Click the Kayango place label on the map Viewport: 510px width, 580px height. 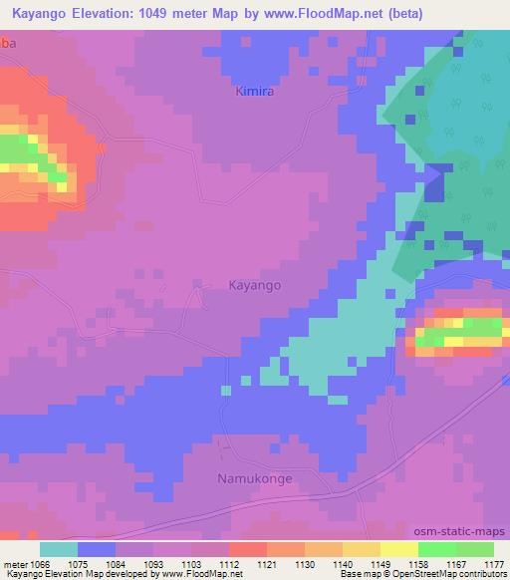point(254,285)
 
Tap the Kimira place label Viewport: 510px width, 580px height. point(256,92)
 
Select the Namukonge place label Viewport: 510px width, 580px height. point(255,479)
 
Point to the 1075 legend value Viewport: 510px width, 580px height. point(78,563)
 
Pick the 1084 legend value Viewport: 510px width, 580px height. point(116,563)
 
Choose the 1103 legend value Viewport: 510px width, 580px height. point(191,563)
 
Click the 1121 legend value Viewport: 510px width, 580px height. point(266,563)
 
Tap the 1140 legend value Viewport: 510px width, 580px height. point(342,563)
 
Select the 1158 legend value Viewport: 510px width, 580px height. point(417,563)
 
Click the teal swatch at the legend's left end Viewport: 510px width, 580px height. point(59,549)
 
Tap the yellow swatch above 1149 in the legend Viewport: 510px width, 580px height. point(361,549)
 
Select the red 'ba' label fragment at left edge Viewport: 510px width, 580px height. point(8,45)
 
